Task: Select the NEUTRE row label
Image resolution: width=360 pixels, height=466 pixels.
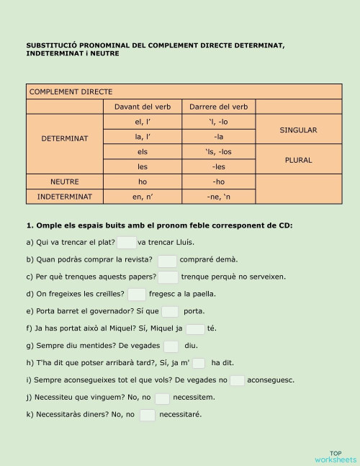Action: point(65,182)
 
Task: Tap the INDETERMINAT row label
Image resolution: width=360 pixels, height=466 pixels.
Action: point(65,196)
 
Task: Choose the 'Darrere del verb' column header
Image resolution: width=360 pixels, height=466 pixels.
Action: point(218,107)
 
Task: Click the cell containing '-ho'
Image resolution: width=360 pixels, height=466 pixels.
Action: point(218,182)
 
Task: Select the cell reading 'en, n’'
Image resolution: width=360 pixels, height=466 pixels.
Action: point(143,196)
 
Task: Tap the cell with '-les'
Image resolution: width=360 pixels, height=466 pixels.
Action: point(218,167)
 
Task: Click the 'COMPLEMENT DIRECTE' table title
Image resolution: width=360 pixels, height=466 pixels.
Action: point(71,91)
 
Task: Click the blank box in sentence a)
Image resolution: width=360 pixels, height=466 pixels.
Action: point(127,243)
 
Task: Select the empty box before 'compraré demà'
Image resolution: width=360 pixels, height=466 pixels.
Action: point(167,260)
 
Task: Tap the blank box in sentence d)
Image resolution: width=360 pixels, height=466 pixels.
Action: point(137,294)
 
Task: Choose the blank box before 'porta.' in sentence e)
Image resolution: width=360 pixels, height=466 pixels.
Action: point(170,311)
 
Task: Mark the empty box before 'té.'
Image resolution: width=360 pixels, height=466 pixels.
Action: point(195,328)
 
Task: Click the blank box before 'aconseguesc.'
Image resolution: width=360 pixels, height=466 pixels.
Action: point(237,380)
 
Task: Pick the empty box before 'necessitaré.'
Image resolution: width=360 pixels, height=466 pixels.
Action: point(147,414)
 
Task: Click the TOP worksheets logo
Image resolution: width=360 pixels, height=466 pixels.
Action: point(335,456)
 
